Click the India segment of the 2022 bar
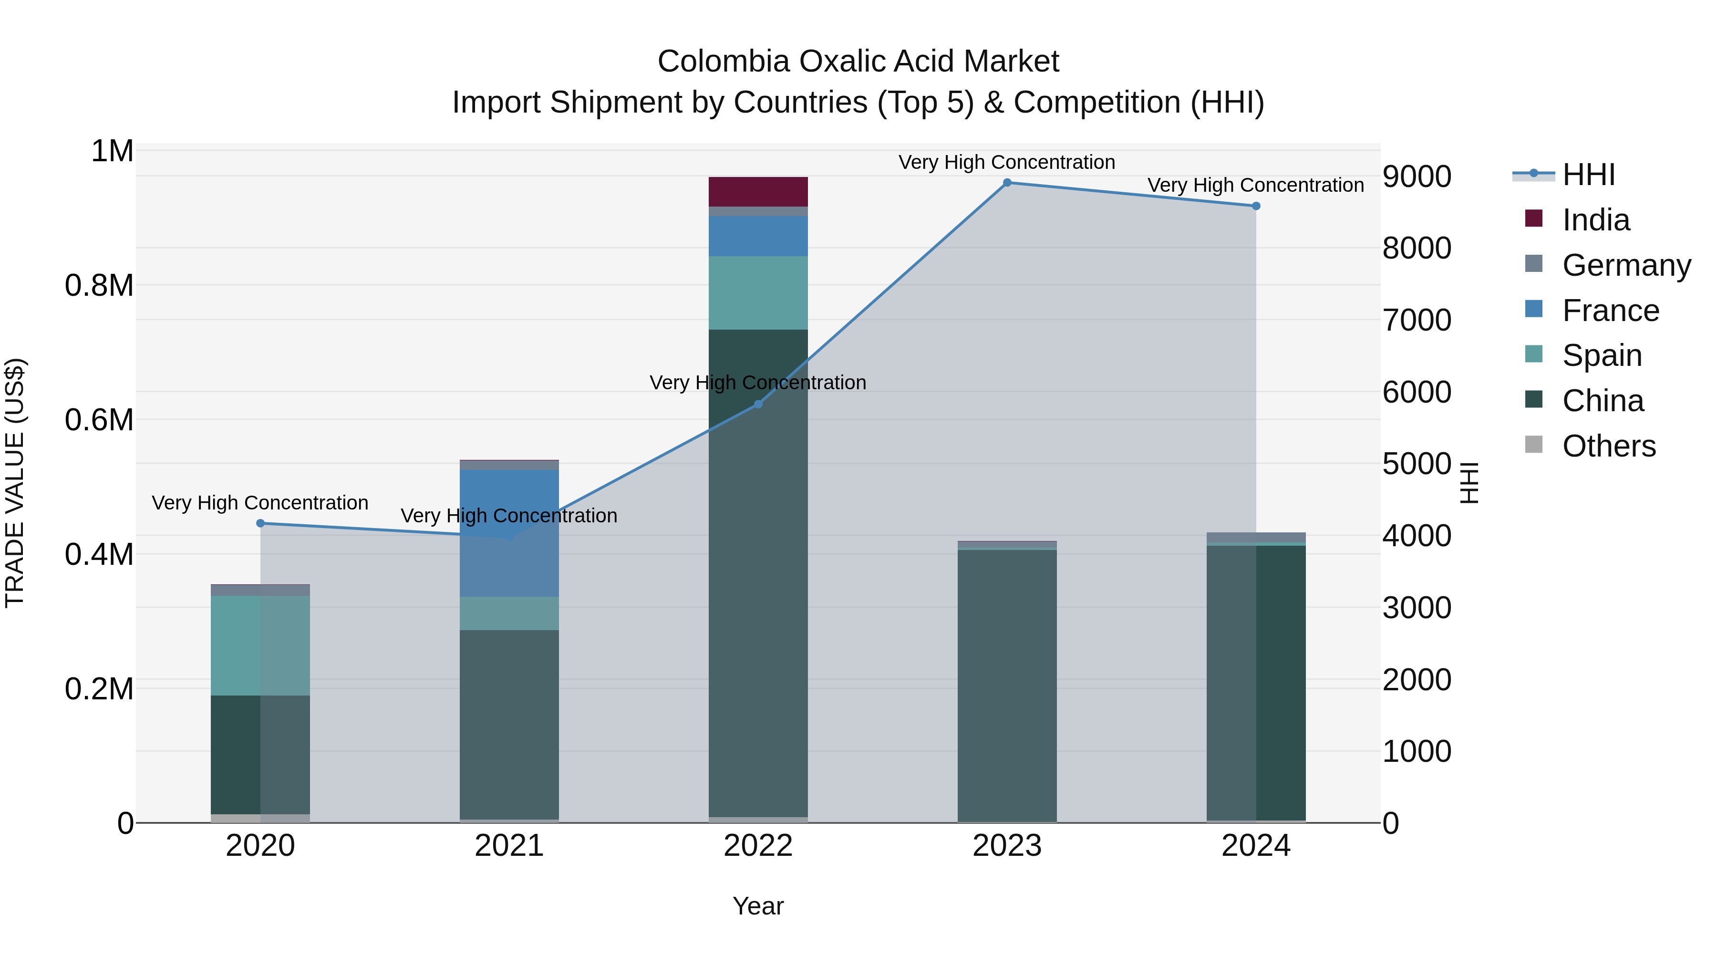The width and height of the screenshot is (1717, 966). [758, 191]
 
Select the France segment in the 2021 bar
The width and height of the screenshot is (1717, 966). [509, 533]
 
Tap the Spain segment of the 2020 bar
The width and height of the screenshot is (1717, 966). [260, 645]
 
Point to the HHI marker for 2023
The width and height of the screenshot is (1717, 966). [1007, 183]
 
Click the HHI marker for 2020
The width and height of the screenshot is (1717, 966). [260, 523]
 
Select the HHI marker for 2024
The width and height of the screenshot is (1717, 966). [1256, 206]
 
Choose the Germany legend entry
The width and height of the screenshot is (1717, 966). [1626, 265]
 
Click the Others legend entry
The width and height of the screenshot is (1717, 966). [1608, 446]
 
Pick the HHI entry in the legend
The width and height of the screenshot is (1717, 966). [1588, 175]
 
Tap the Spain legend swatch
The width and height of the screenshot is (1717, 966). [1534, 354]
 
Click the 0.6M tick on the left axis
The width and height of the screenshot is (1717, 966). [99, 420]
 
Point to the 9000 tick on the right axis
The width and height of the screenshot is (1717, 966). [1417, 177]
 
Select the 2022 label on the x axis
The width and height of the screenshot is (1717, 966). [758, 846]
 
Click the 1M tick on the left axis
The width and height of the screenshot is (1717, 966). [112, 151]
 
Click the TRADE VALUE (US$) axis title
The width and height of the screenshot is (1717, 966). [15, 483]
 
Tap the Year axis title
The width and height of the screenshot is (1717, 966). [758, 906]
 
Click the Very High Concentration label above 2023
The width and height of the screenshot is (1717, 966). [1006, 162]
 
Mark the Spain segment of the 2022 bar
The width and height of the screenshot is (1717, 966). [758, 293]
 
